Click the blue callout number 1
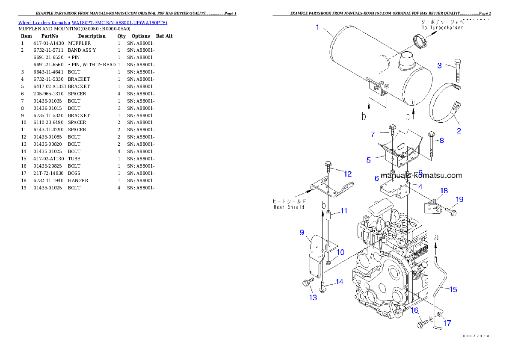click(x=317, y=27)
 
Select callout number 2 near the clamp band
click(x=459, y=131)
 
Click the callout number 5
click(x=368, y=160)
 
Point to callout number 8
click(x=441, y=140)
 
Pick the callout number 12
click(x=347, y=174)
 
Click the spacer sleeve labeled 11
click(x=328, y=216)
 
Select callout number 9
click(x=302, y=233)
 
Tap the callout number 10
click(x=340, y=252)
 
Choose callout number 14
click(x=339, y=282)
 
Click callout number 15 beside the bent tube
click(x=453, y=289)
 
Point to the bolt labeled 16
click(x=421, y=325)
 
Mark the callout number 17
click(x=447, y=324)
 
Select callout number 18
click(x=444, y=191)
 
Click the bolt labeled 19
click(x=452, y=210)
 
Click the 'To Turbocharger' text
click(x=442, y=24)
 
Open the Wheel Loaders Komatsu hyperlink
click(x=92, y=23)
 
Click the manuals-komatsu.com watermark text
click(x=421, y=175)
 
